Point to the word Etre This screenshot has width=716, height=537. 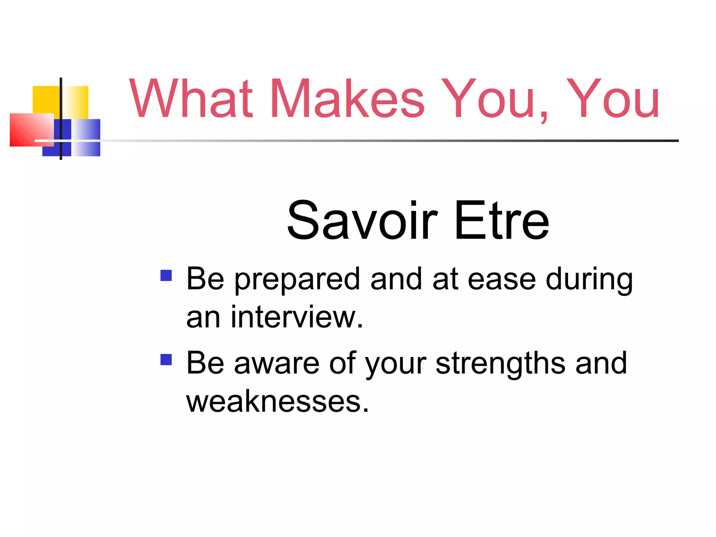coord(502,220)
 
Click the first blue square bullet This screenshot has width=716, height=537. coord(166,275)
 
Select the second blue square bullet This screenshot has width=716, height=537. coord(166,359)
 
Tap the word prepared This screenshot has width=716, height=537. coord(297,280)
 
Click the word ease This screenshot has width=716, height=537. coord(501,280)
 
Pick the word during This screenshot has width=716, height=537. coord(589,280)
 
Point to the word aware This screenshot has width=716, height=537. coord(277,364)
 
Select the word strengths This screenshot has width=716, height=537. coord(500,364)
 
